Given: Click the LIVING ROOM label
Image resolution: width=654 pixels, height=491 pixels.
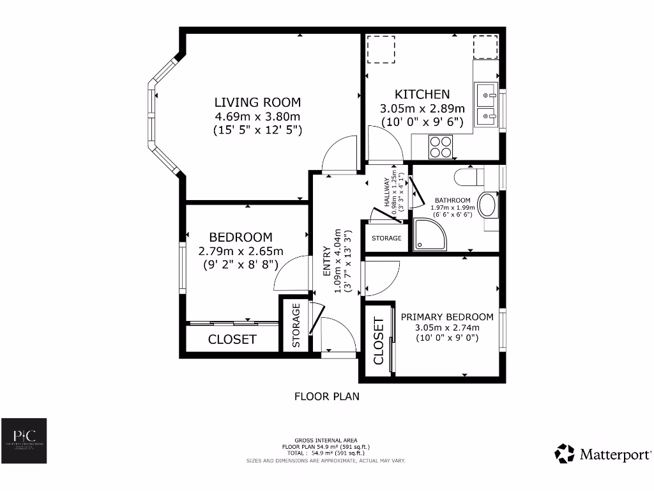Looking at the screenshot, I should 257,102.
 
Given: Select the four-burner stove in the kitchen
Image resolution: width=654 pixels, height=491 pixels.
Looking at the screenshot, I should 441,148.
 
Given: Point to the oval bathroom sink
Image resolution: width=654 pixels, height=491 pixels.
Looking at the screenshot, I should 489,205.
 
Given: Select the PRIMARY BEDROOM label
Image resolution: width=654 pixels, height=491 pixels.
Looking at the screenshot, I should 447,317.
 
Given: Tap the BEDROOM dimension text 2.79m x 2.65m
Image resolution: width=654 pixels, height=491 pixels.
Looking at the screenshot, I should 241,251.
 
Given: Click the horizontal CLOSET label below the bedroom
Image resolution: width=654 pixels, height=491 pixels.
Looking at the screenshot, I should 232,339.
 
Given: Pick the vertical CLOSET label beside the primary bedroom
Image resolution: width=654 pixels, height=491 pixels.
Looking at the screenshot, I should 379,340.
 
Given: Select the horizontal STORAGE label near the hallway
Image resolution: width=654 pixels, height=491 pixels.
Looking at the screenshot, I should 387,238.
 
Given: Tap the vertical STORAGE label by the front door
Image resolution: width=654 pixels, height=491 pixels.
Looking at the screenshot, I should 296,325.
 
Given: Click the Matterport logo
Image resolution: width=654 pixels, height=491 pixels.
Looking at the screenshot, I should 603,454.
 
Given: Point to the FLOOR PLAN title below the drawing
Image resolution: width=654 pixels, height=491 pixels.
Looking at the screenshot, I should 326,396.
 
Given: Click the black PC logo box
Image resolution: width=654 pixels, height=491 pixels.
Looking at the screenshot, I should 23,440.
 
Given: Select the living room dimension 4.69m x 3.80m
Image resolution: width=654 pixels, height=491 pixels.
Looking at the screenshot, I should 257,116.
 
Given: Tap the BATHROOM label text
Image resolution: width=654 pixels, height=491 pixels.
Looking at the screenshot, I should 453,200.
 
